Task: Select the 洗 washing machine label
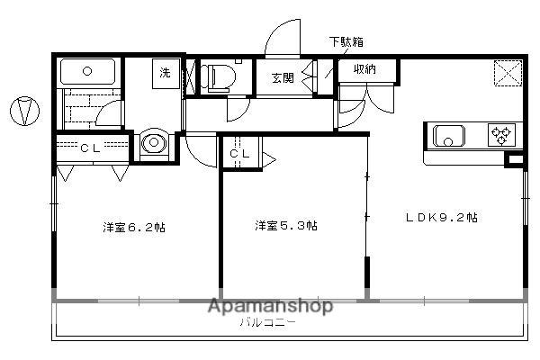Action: click(166, 71)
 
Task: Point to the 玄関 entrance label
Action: click(282, 77)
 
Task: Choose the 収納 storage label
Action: click(364, 69)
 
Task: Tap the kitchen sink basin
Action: click(448, 136)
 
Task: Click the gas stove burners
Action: click(500, 135)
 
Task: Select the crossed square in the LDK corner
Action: click(508, 73)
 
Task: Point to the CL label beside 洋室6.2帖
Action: click(89, 148)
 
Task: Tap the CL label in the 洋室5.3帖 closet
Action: click(238, 154)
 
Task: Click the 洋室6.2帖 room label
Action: click(132, 227)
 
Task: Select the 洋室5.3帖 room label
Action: click(284, 225)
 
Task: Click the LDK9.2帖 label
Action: click(440, 217)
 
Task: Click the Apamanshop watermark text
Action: click(270, 306)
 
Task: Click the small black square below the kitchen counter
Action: click(514, 162)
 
